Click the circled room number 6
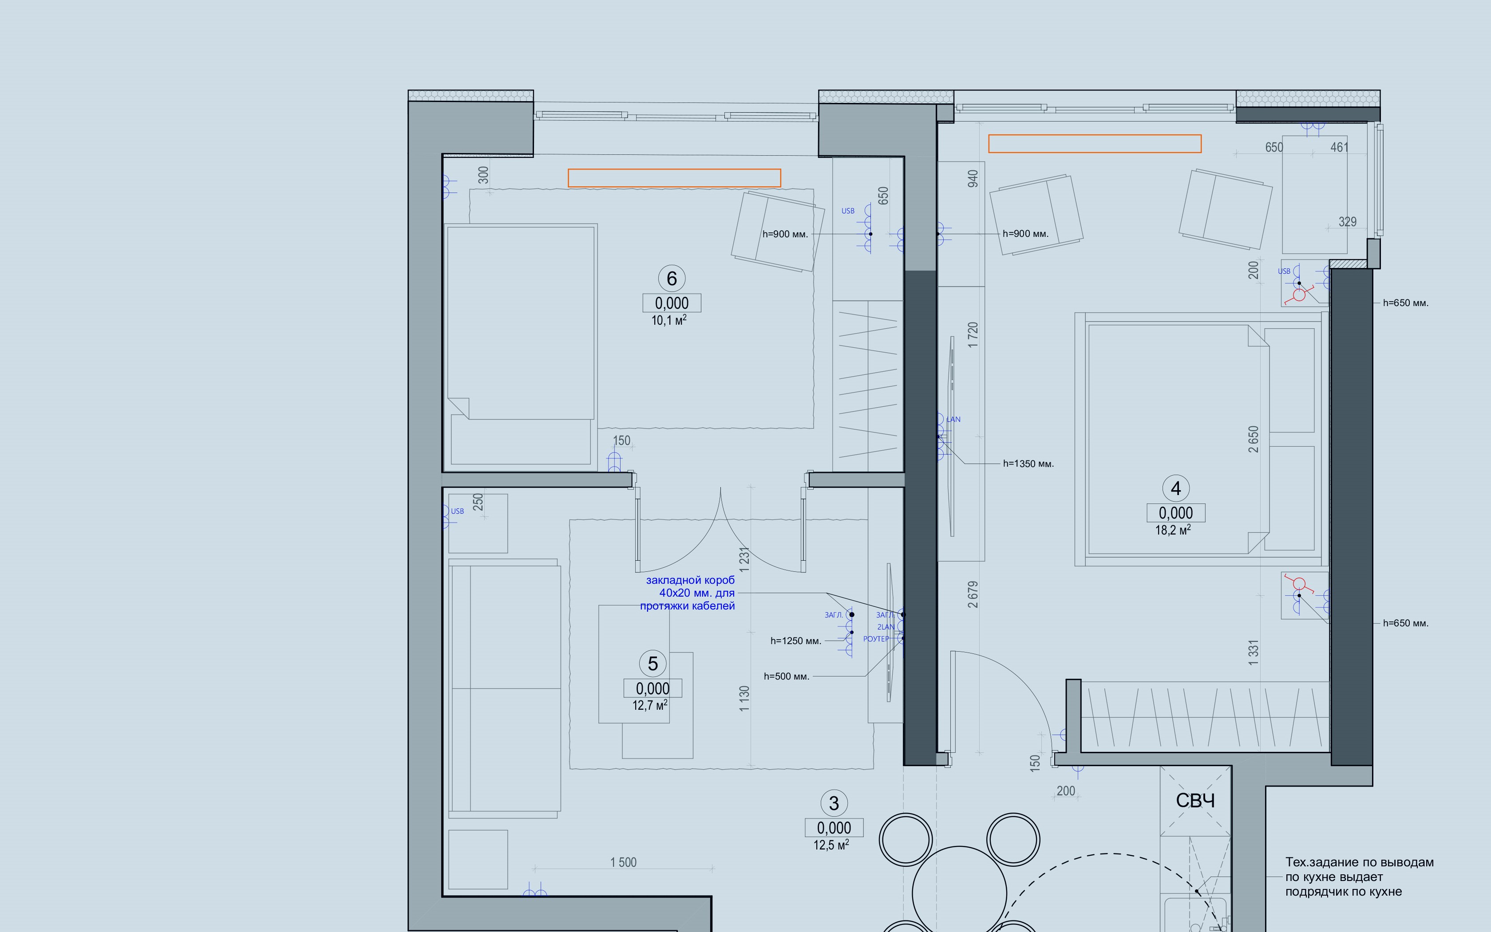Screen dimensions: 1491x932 672,279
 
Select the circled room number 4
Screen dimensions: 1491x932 1175,488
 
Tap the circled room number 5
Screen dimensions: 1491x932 653,664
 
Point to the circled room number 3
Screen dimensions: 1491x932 834,803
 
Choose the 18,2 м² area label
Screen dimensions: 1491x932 1173,530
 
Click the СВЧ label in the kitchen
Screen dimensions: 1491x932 1195,801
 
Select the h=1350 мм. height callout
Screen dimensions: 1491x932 1028,464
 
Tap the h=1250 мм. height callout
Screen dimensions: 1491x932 795,641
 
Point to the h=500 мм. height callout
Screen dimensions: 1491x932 786,676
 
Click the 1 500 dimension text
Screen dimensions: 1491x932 623,862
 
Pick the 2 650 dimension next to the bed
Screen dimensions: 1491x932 1253,439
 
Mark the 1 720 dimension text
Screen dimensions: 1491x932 973,335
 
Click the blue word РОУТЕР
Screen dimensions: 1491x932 876,639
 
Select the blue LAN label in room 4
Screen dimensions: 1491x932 953,419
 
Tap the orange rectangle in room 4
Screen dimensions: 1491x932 1095,144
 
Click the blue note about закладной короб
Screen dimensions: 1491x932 688,593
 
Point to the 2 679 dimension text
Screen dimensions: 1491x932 973,594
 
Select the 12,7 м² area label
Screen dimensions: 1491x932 650,705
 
